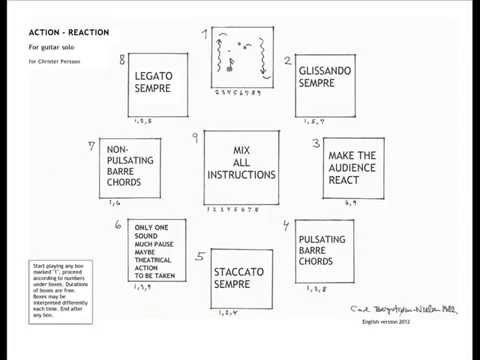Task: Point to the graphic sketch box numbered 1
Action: pos(241,60)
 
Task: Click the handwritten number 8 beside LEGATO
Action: pos(122,60)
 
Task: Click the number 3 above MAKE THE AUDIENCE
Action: pos(315,143)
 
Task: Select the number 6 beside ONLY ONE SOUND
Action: pos(118,226)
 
